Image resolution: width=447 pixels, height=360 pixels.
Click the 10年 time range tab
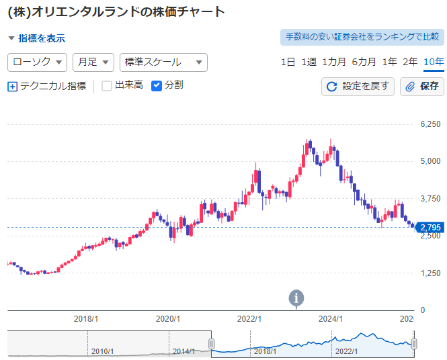click(434, 62)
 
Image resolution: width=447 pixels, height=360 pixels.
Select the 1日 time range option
click(288, 62)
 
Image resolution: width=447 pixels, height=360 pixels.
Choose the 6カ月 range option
click(364, 62)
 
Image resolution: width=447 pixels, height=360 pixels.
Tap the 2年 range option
click(410, 62)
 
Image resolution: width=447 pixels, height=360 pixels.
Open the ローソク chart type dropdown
click(38, 62)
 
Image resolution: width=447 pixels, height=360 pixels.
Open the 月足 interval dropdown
click(93, 62)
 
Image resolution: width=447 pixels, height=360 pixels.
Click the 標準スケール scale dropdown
click(163, 62)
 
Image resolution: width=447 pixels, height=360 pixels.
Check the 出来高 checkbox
click(107, 85)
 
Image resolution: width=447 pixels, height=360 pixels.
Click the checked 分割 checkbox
click(157, 85)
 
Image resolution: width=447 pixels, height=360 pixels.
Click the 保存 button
click(421, 86)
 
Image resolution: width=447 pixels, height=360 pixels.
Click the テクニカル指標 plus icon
click(12, 86)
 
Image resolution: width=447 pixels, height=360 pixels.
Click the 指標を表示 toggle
click(36, 39)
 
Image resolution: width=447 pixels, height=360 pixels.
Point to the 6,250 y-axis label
click(430, 124)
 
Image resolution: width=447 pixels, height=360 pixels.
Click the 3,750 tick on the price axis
click(430, 199)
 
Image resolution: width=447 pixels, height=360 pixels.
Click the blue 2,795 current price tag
click(430, 228)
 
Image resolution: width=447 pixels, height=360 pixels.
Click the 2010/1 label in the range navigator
click(102, 351)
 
